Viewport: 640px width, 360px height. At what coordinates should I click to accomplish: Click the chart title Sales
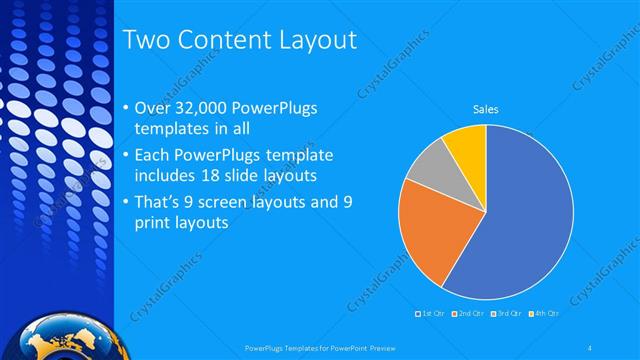[x=486, y=109]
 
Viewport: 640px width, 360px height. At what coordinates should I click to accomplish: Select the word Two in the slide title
[x=147, y=41]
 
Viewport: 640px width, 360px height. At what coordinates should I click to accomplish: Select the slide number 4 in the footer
[x=591, y=347]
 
